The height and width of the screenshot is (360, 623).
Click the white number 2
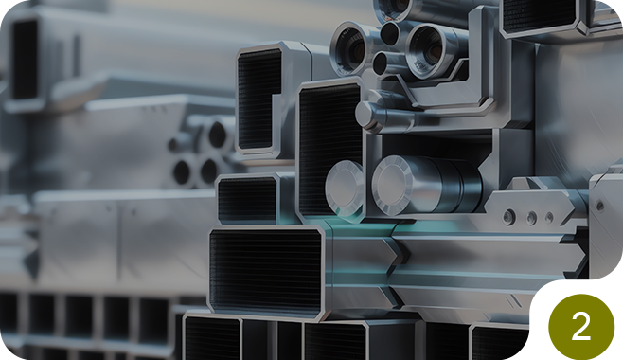(x=581, y=326)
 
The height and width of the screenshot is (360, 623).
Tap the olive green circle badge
(x=581, y=327)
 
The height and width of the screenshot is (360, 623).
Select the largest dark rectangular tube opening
(x=265, y=273)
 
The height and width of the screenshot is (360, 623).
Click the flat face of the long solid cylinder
(x=392, y=185)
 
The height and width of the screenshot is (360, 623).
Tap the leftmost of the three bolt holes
(x=509, y=217)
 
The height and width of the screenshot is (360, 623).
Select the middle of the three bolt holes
(x=531, y=218)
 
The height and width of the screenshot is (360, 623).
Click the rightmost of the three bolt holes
(x=549, y=217)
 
